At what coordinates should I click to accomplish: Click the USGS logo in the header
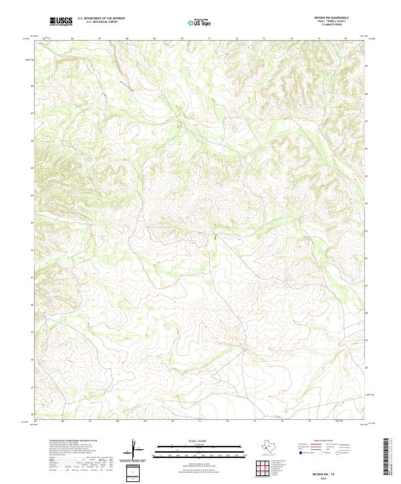coord(61,22)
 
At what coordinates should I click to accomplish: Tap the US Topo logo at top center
coord(201,23)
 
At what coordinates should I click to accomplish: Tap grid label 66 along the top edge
coord(72,39)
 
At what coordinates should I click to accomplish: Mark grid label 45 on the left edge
coord(31,176)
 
